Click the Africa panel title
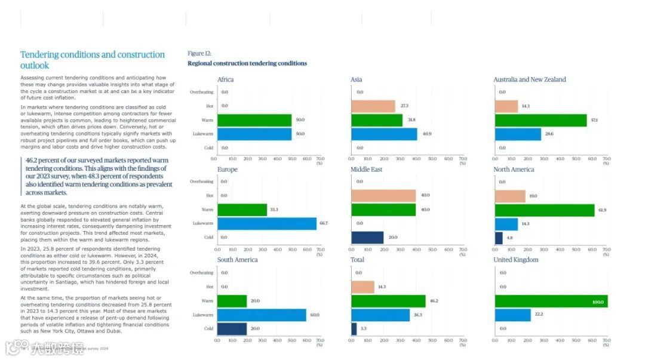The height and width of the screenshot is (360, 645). point(225,79)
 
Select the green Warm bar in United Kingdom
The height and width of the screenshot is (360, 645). point(551,301)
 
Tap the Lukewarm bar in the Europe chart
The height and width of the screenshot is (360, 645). point(267,223)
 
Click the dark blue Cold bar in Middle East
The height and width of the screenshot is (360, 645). point(367,237)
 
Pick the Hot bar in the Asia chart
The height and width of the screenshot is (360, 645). point(373,106)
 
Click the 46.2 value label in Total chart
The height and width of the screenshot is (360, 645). point(434,301)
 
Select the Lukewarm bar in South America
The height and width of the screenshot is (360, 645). point(262,315)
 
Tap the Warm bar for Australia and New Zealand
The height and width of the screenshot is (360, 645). point(540,120)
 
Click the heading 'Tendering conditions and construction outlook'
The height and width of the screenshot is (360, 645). point(92,60)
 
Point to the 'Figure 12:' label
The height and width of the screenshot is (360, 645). point(199,53)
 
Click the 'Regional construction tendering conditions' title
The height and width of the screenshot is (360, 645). point(247,63)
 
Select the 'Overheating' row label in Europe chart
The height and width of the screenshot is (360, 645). point(201,181)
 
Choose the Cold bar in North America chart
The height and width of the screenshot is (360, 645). point(499,238)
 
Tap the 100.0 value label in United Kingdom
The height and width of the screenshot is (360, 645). point(598,303)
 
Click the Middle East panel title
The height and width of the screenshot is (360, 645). point(366,170)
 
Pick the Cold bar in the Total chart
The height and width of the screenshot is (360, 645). point(354,328)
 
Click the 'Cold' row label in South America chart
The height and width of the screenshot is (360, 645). point(208,328)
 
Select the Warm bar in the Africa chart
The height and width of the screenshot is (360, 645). point(254,120)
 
